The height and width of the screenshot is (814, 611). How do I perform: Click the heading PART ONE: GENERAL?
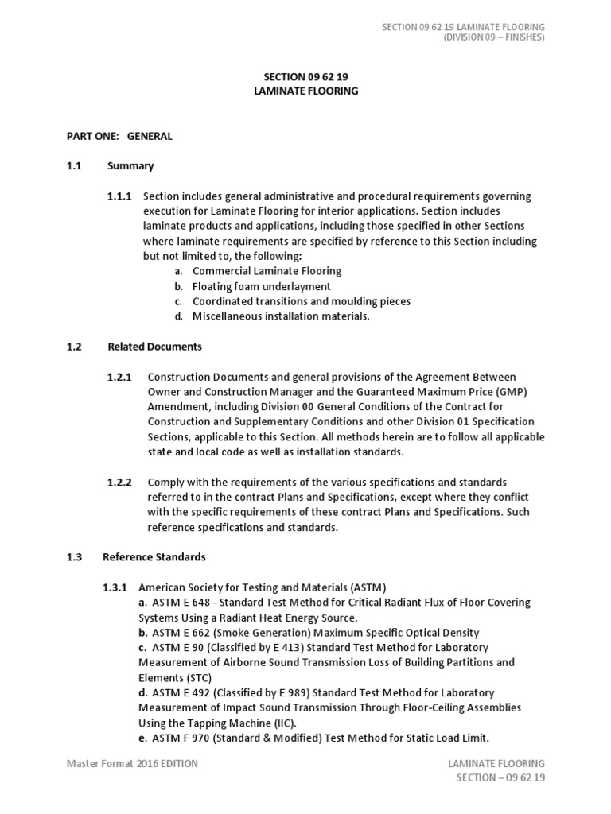119,136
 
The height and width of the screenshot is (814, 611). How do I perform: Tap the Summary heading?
130,166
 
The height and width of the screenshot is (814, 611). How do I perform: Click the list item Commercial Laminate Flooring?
267,271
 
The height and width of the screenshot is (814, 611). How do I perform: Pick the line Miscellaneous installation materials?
281,316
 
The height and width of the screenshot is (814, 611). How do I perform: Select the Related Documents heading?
154,347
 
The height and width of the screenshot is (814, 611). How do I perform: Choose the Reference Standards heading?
154,557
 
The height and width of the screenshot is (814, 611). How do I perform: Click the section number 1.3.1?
115,587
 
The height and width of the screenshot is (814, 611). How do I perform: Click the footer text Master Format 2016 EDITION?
132,764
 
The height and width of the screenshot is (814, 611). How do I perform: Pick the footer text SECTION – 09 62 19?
500,777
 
